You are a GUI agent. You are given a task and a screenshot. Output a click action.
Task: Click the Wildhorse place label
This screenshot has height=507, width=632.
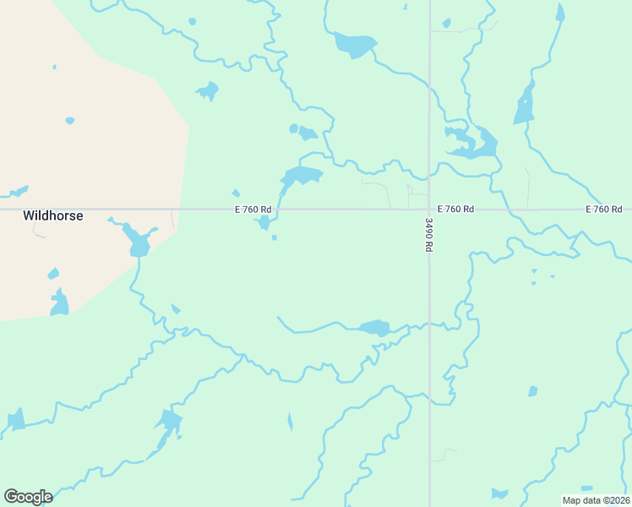click(x=52, y=216)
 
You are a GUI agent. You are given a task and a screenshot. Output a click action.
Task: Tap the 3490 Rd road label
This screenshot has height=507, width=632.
click(x=428, y=234)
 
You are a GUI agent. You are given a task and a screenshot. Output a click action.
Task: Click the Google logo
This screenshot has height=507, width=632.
click(x=28, y=496)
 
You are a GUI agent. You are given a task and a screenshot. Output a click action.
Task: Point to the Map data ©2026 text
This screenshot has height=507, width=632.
click(x=596, y=500)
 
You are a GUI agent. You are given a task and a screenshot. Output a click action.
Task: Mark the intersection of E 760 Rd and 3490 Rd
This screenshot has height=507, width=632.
click(x=428, y=209)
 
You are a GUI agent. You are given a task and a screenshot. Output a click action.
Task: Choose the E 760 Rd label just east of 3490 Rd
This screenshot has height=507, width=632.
click(x=456, y=209)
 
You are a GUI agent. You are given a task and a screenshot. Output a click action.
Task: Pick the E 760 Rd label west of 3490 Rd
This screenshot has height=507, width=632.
click(x=253, y=209)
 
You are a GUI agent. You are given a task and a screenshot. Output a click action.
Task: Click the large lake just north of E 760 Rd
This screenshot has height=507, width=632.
click(x=302, y=176)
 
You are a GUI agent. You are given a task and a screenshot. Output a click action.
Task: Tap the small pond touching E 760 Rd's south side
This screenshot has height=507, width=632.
click(x=264, y=222)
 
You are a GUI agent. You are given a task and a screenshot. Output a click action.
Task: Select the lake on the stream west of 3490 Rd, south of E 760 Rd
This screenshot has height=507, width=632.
click(x=374, y=327)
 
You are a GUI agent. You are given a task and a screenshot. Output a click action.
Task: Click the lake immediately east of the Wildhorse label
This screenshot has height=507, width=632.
click(x=137, y=242)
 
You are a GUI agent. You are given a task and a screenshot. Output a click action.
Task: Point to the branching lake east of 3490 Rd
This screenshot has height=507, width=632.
click(x=473, y=144)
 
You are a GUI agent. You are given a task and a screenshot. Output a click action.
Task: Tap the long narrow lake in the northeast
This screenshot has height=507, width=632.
click(x=525, y=105)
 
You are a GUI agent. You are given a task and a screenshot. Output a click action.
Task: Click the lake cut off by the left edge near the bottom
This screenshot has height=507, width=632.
click(x=15, y=420)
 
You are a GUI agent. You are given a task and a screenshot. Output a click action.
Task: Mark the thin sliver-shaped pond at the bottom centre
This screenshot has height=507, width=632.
click(x=290, y=422)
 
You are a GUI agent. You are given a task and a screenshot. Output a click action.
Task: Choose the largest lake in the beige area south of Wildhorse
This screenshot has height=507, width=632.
click(x=59, y=303)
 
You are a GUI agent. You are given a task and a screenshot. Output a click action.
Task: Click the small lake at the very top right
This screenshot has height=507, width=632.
click(x=560, y=12)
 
